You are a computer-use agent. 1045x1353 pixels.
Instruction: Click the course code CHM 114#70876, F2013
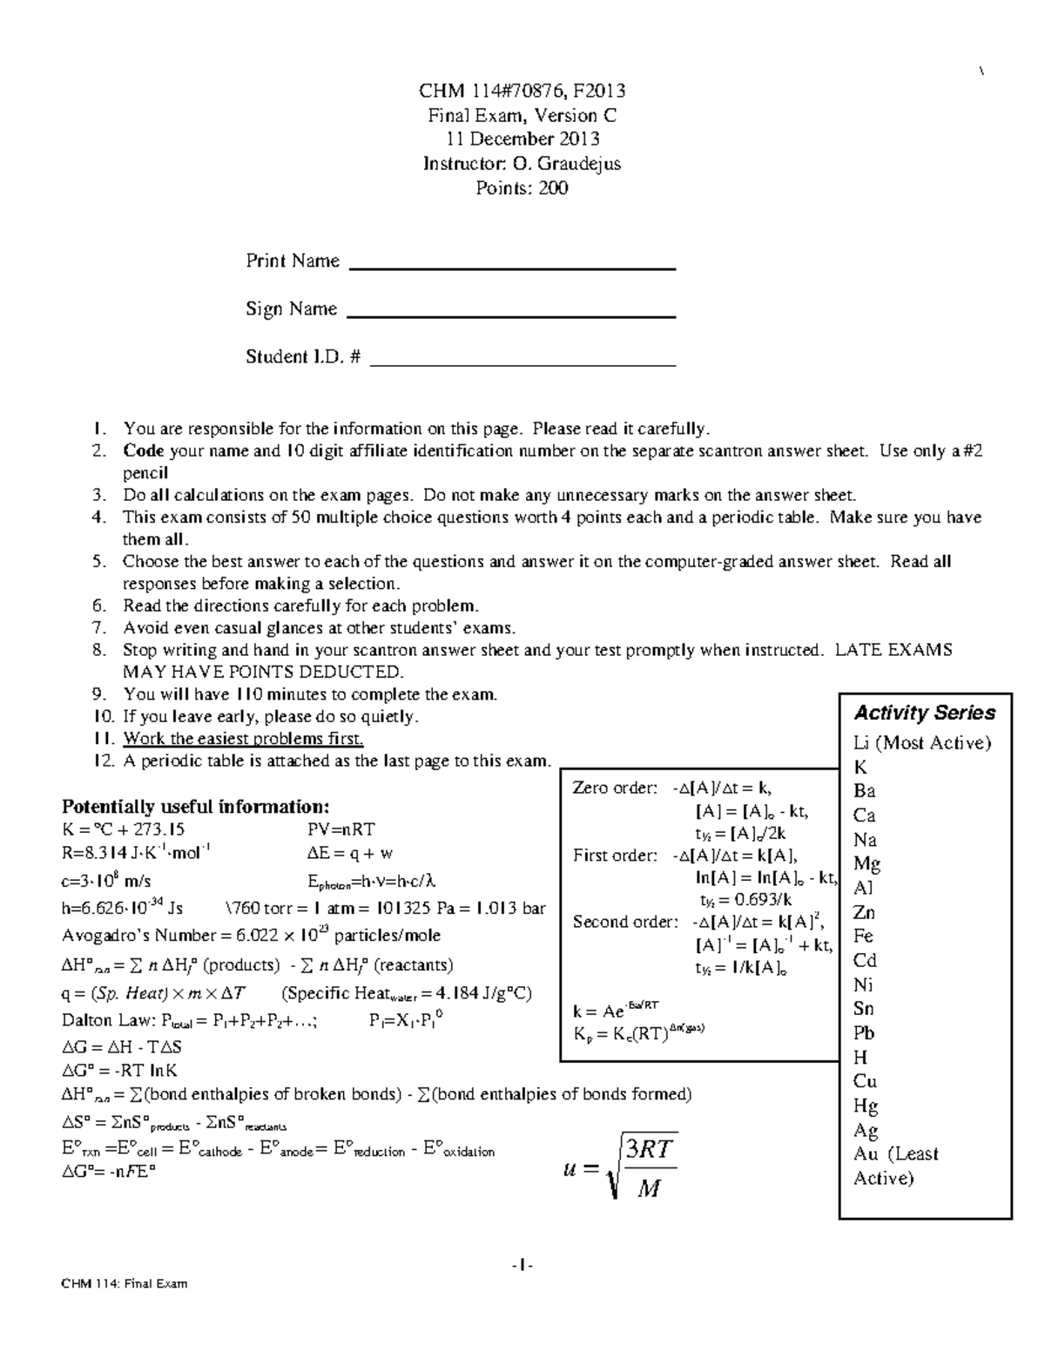[x=522, y=91]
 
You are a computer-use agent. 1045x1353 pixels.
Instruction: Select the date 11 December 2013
[x=522, y=139]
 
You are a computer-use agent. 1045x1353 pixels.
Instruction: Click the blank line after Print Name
[x=512, y=268]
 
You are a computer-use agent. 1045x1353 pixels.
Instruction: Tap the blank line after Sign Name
[x=511, y=315]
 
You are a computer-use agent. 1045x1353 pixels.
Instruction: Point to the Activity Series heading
[x=924, y=713]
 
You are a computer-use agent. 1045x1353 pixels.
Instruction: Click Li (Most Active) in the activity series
[x=922, y=743]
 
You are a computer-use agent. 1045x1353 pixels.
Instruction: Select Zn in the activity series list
[x=864, y=913]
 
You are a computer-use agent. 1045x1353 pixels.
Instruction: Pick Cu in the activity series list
[x=864, y=1082]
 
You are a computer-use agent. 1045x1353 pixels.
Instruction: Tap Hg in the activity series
[x=865, y=1106]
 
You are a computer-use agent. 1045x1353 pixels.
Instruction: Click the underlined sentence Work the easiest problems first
[x=243, y=739]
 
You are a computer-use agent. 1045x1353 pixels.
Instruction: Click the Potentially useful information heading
[x=196, y=806]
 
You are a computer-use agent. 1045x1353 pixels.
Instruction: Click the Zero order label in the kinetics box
[x=614, y=788]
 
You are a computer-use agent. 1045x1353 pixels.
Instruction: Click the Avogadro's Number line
[x=251, y=936]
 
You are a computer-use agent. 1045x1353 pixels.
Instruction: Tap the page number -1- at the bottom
[x=522, y=1264]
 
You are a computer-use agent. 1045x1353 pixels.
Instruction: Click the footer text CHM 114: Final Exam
[x=124, y=1283]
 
